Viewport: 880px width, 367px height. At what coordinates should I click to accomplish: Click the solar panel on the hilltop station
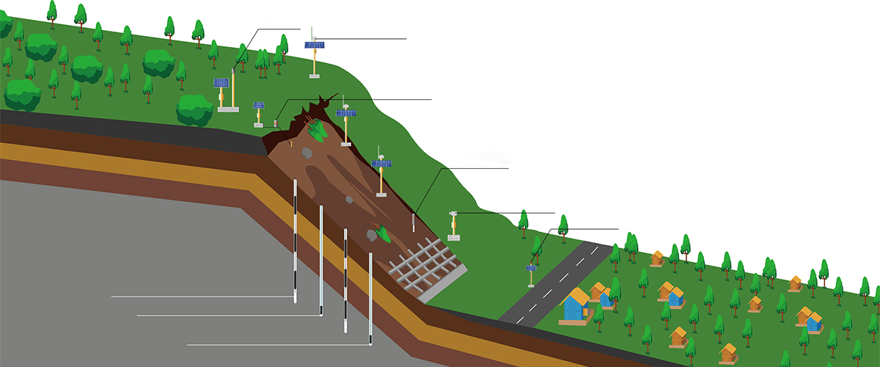pos(315,46)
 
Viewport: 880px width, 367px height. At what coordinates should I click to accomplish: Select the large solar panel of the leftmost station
pos(221,83)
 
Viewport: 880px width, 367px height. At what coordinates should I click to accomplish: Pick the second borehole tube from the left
pos(321,261)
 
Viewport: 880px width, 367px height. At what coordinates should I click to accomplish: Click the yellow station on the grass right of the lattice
pos(454,225)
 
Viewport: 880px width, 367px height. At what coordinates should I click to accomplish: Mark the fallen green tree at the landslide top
pos(316,130)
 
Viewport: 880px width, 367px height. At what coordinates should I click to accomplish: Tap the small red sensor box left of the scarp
pos(277,122)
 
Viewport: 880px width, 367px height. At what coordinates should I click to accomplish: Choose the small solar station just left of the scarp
pos(259,112)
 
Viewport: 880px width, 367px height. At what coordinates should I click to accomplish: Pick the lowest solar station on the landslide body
pos(381,173)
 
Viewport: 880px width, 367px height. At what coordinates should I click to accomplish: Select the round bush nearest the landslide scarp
pos(194,110)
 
